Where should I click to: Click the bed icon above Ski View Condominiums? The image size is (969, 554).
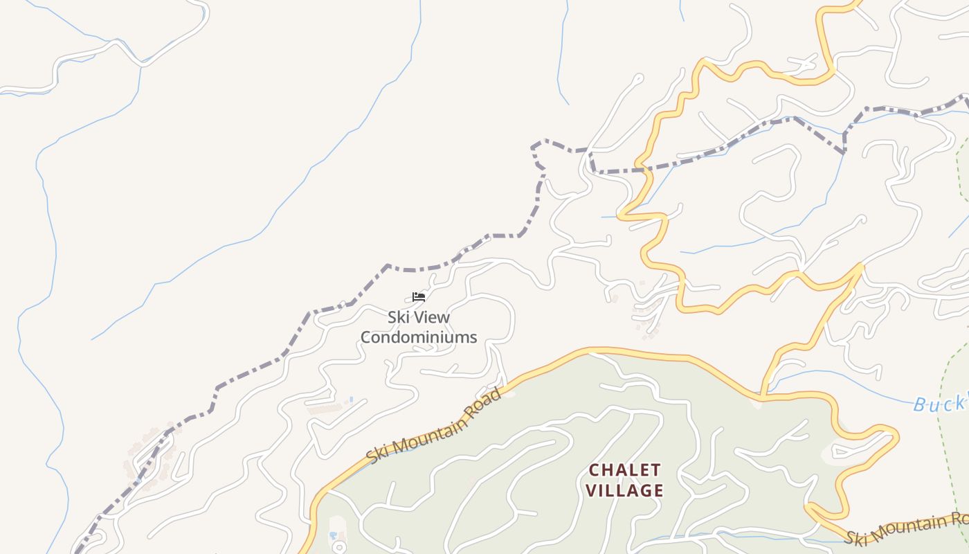(418, 297)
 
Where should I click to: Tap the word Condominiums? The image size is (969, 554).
(419, 337)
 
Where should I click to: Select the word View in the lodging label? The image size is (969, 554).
(431, 317)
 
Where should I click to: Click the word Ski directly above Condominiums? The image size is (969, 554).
(397, 317)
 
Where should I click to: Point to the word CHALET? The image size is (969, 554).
(625, 471)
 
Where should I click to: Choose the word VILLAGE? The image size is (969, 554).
(625, 491)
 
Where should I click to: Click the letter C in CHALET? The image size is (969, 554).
(594, 471)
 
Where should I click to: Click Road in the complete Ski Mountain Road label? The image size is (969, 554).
(482, 409)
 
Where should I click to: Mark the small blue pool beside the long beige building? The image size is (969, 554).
(351, 400)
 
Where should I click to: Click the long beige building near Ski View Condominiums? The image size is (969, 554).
(325, 409)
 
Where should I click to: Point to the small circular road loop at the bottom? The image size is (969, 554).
(338, 547)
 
